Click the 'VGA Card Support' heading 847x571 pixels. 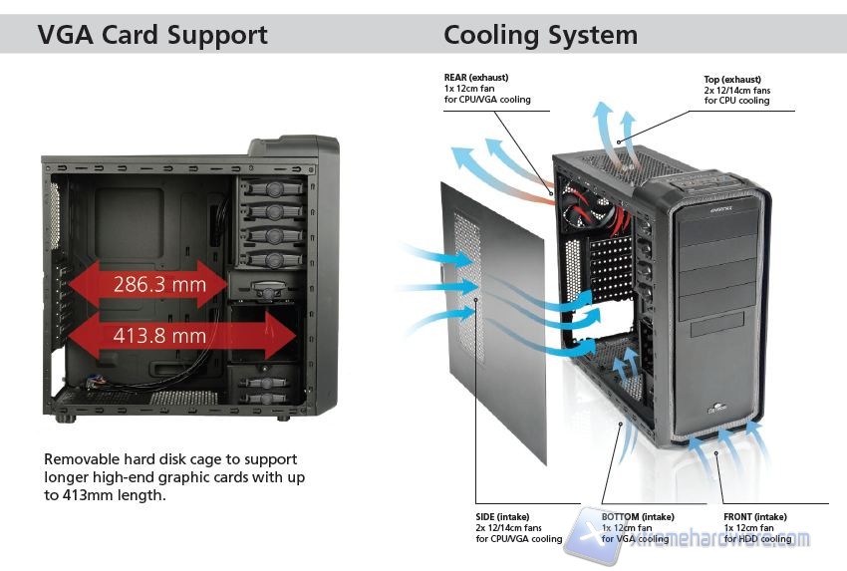[152, 35]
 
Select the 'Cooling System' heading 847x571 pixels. [540, 35]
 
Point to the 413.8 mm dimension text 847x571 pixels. [160, 336]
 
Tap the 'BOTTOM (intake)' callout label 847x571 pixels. [638, 516]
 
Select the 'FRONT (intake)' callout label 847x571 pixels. [755, 516]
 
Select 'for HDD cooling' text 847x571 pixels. [758, 539]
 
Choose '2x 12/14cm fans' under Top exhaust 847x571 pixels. [737, 90]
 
